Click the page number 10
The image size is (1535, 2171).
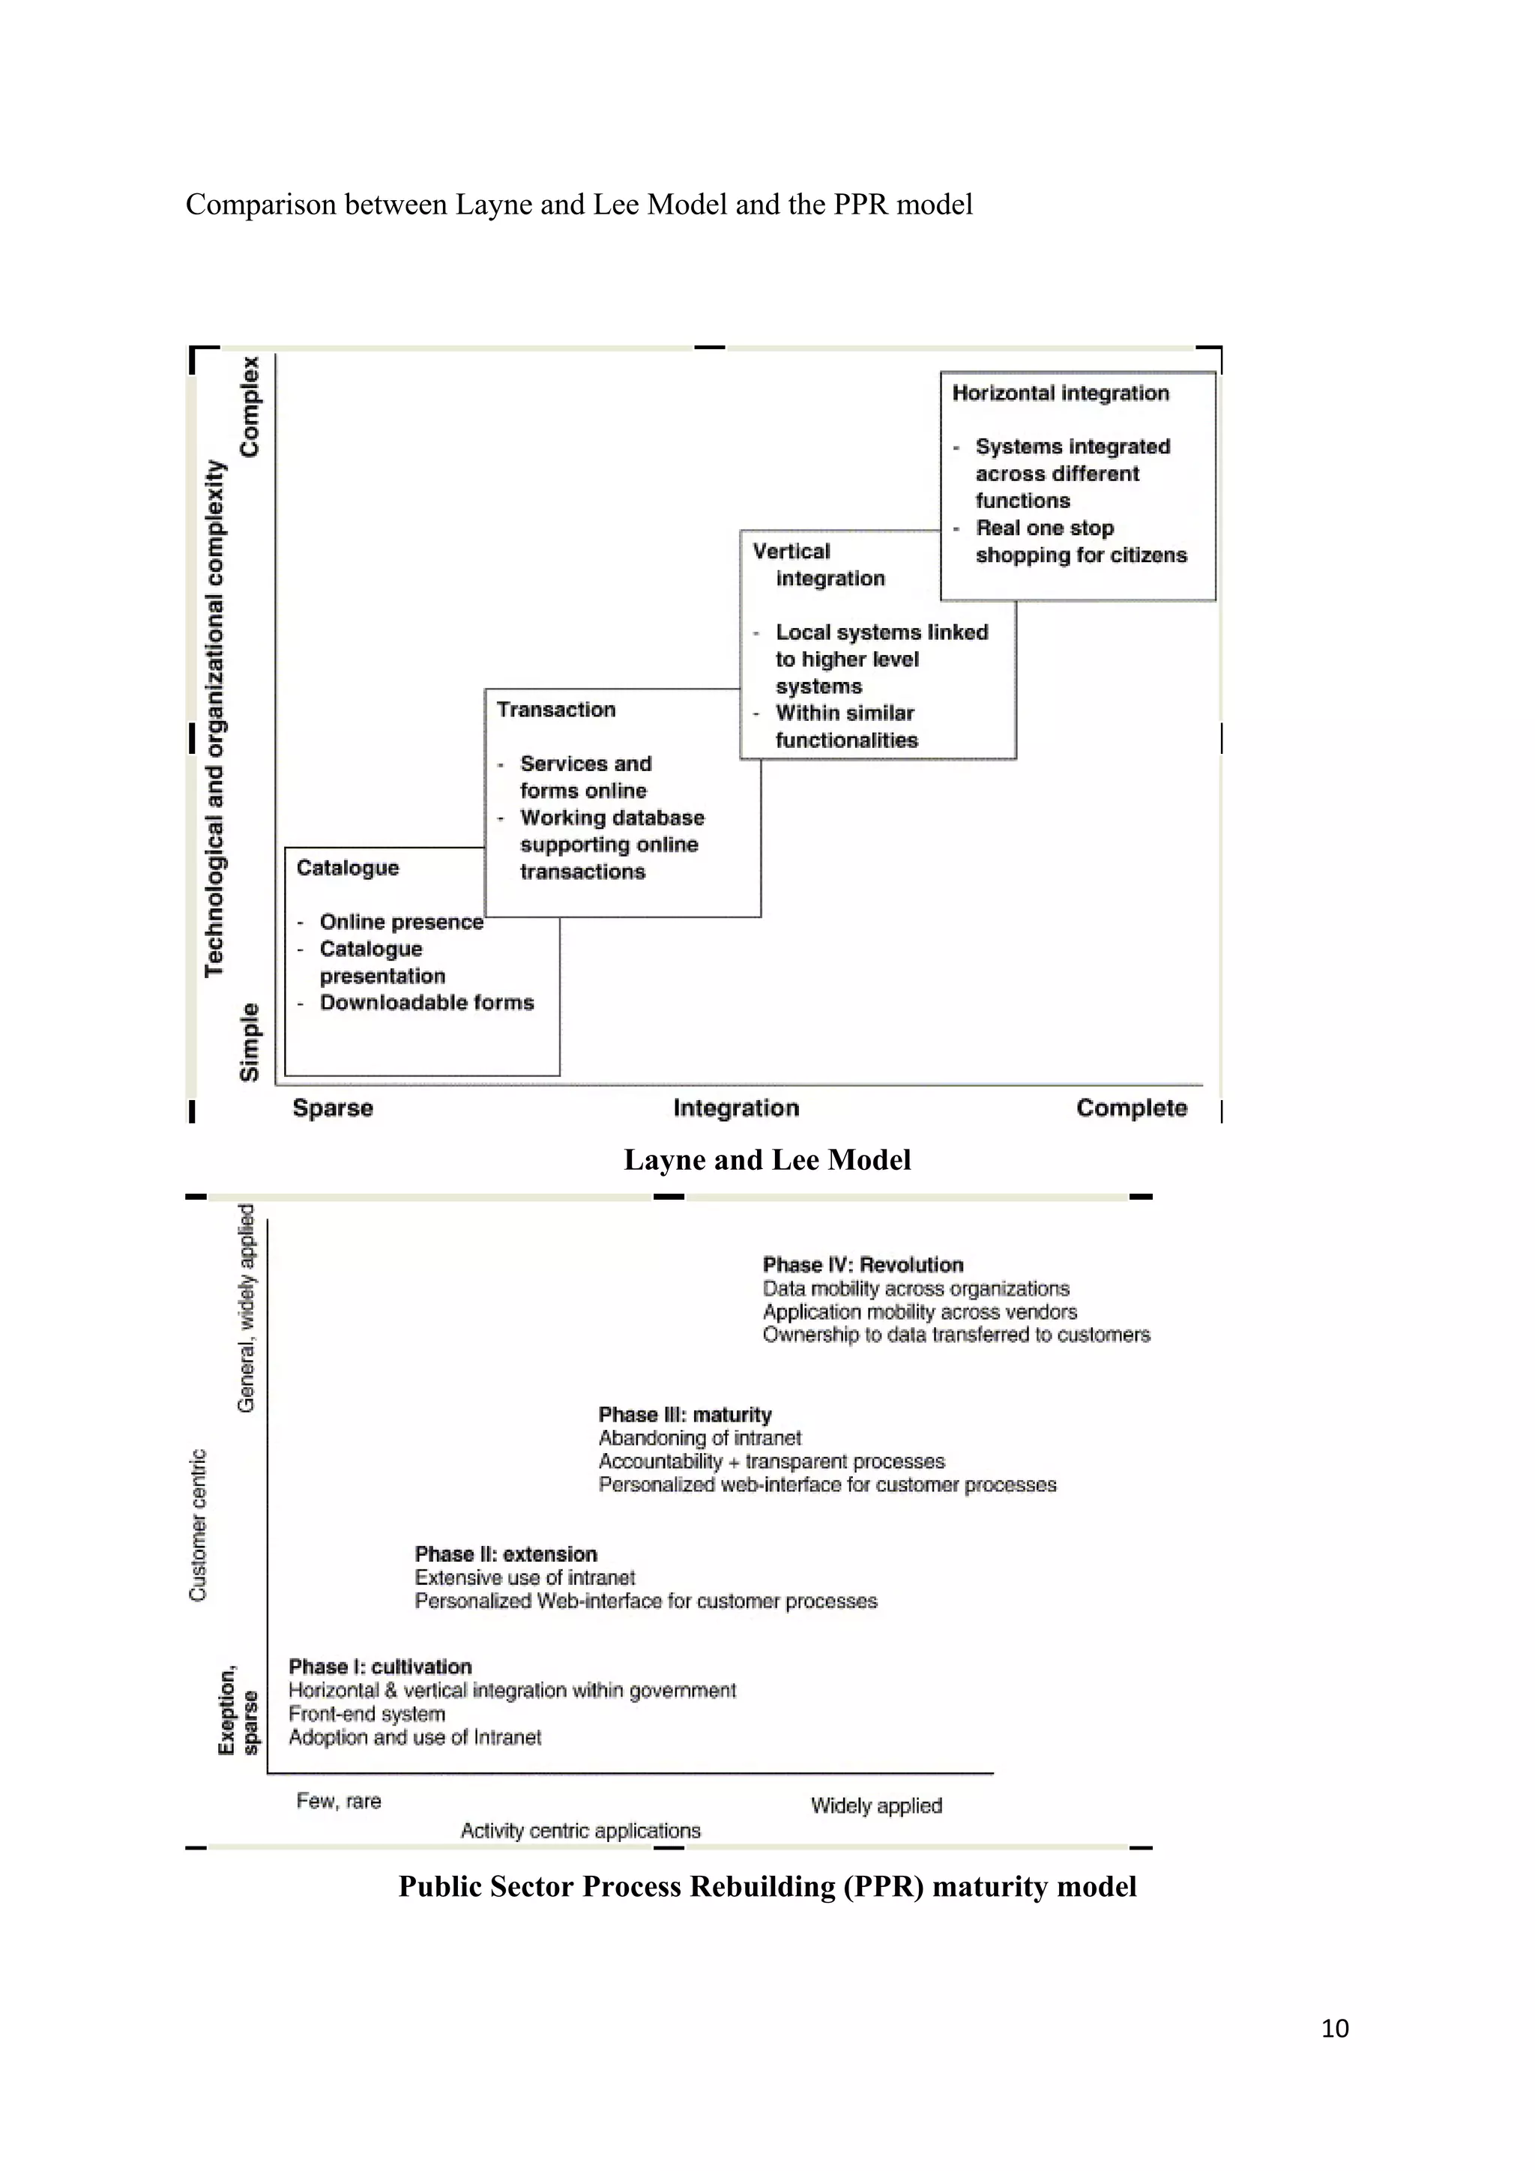click(x=1334, y=2027)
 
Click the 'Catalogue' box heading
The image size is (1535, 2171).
click(x=347, y=867)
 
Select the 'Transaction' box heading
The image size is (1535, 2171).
click(x=556, y=709)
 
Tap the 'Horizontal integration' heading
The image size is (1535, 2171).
click(x=1061, y=393)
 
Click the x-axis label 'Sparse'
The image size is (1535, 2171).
click(x=333, y=1108)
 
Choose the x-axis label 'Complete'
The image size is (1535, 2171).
click(x=1131, y=1108)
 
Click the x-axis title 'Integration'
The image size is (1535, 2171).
click(x=736, y=1108)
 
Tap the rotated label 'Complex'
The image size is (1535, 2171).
click(x=249, y=407)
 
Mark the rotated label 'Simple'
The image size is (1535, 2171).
click(x=249, y=1042)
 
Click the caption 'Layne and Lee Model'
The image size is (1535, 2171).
click(x=767, y=1159)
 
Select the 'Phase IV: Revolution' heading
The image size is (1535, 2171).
click(x=863, y=1264)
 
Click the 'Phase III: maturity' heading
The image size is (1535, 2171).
click(x=685, y=1415)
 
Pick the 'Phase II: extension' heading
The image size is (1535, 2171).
click(x=506, y=1553)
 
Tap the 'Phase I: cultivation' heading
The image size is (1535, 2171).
click(x=380, y=1666)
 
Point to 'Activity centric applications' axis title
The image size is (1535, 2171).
click(x=581, y=1831)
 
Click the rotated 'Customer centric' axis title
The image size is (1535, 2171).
click(x=198, y=1524)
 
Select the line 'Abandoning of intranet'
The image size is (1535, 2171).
click(x=700, y=1438)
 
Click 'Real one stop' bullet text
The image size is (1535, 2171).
click(x=1044, y=528)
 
